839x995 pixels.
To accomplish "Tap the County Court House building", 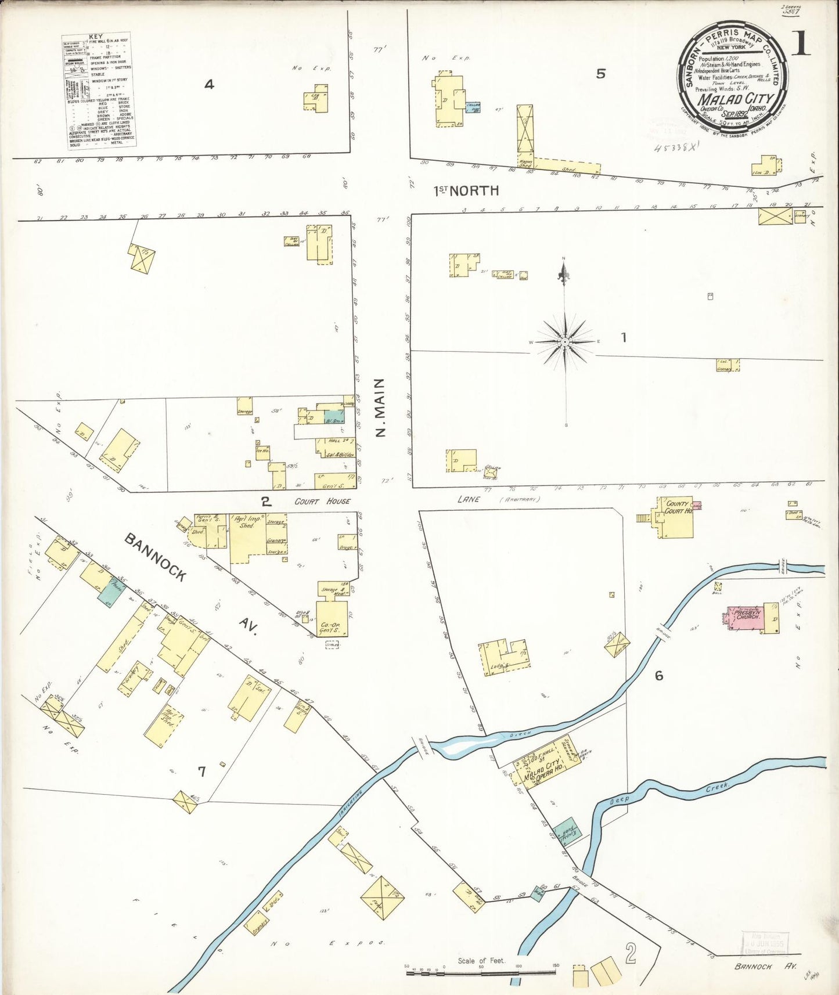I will click(x=676, y=517).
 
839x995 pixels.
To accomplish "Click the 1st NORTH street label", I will click(x=467, y=190).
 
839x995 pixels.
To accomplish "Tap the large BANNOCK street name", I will click(x=156, y=557).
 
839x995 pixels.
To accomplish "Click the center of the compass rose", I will click(x=565, y=342).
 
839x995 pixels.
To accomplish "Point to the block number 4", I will click(x=209, y=85).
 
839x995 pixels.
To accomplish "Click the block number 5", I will click(x=601, y=73).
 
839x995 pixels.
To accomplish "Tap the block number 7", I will click(x=201, y=772).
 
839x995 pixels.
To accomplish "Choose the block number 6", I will click(x=659, y=675).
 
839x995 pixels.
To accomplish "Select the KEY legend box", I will click(x=96, y=90).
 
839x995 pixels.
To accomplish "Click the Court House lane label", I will click(x=322, y=501).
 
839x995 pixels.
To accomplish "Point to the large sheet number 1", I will click(x=801, y=43).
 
